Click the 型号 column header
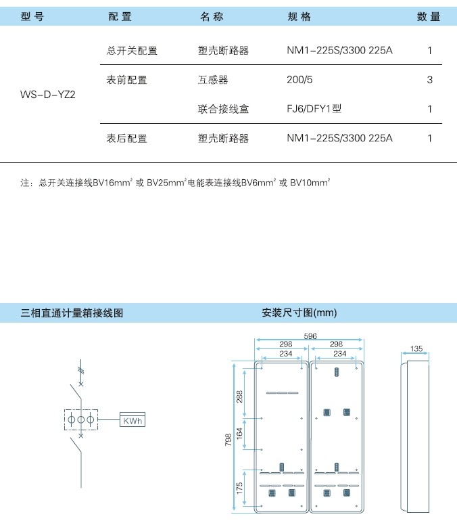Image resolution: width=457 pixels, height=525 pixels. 32,16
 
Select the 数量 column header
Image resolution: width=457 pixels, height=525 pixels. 429,16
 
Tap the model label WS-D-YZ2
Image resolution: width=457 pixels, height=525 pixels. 48,95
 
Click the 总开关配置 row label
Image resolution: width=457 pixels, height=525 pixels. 132,51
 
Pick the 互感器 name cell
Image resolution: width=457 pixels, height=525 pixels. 213,80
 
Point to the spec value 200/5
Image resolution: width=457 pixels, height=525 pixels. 299,80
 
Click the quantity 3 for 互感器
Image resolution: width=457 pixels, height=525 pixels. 429,80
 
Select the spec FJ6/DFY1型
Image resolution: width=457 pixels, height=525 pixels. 314,109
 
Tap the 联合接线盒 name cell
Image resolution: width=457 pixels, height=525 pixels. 223,109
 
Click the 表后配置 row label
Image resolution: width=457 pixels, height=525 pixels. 127,138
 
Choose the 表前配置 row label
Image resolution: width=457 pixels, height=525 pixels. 127,80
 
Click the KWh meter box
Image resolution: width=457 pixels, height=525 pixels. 133,419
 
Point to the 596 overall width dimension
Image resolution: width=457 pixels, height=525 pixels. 310,336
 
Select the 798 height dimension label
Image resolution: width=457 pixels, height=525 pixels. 228,440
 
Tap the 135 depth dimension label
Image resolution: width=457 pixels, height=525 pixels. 416,348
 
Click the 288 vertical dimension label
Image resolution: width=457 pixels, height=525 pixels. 239,396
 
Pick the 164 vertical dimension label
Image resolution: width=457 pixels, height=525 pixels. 239,434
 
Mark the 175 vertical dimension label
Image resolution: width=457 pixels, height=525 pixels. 239,488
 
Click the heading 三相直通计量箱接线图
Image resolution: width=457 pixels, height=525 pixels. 72,313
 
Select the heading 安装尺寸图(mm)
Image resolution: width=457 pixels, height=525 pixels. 299,313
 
